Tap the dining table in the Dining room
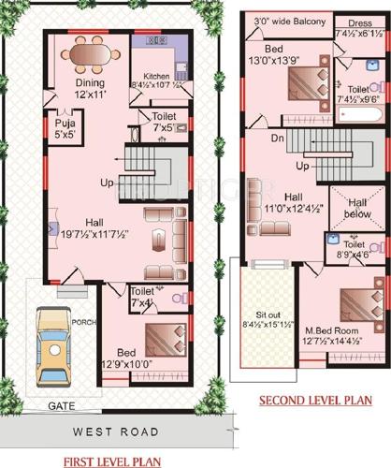[x=94, y=56]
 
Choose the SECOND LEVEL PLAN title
[x=315, y=401]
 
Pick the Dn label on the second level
[x=276, y=138]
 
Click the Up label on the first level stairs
[x=108, y=181]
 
